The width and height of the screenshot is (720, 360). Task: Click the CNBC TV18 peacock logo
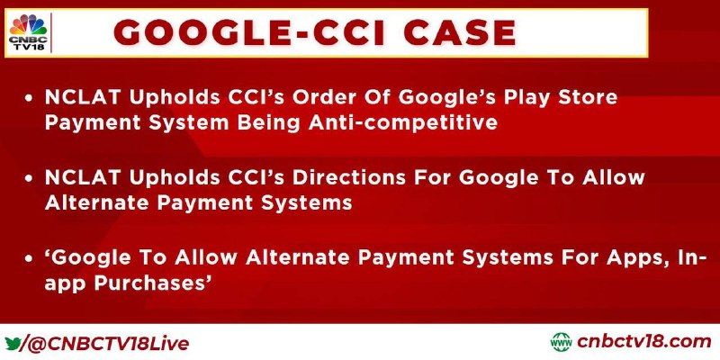point(28,32)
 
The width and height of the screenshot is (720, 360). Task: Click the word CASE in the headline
point(461,33)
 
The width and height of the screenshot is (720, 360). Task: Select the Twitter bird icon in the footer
point(13,343)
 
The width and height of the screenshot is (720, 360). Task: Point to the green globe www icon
point(561,343)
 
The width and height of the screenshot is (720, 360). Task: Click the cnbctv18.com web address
point(643,342)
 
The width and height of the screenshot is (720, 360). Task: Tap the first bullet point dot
point(29,98)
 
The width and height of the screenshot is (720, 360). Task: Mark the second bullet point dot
point(29,178)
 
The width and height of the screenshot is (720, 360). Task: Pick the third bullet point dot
point(29,259)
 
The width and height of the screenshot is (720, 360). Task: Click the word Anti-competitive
point(402,122)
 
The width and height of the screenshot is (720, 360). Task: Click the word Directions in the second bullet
point(349,177)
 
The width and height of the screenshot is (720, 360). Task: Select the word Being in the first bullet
point(268,124)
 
